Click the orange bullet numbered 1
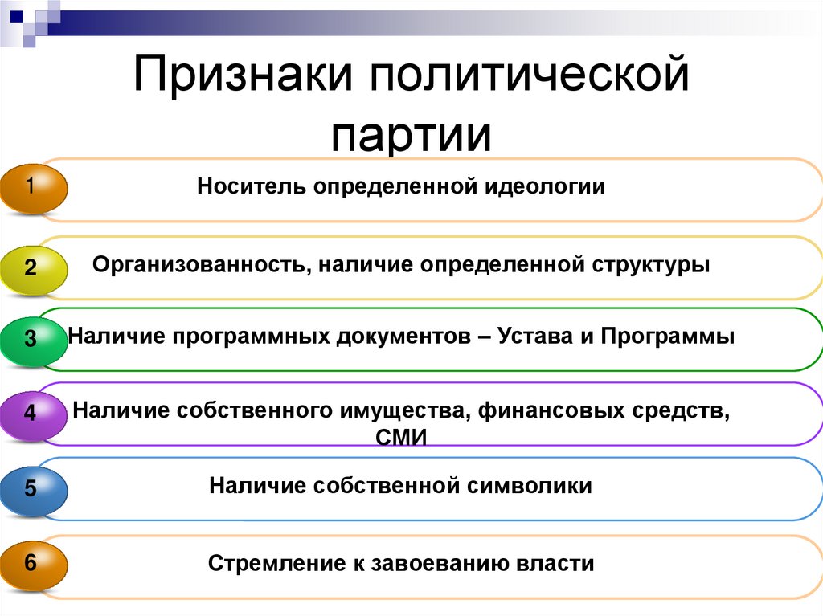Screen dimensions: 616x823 click(x=32, y=189)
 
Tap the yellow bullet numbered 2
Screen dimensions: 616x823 click(x=32, y=267)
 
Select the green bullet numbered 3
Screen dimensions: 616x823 click(x=32, y=339)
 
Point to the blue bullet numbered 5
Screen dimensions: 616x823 click(x=32, y=487)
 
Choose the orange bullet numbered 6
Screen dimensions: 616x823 click(x=32, y=563)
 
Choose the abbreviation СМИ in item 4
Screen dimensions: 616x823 click(x=400, y=438)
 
